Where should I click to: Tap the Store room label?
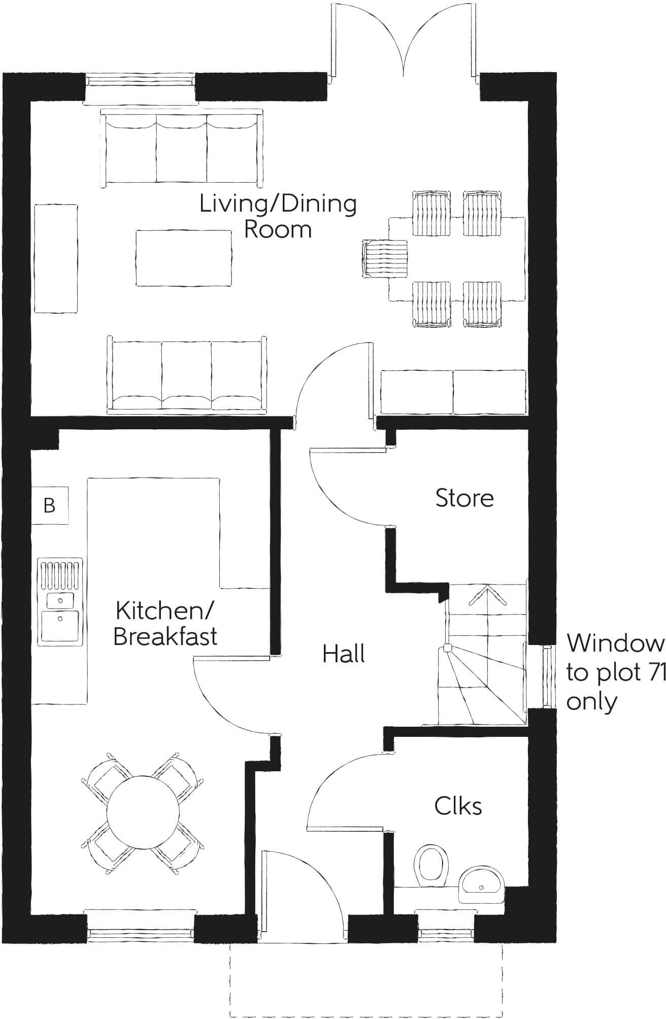(x=464, y=498)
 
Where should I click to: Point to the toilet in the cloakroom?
(x=431, y=866)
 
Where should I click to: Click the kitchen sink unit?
(x=60, y=602)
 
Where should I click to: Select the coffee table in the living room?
(x=184, y=257)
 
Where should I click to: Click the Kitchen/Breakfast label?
(x=165, y=623)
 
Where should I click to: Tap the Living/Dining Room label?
(x=278, y=217)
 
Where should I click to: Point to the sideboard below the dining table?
(x=453, y=393)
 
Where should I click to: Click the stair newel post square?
(x=447, y=648)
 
